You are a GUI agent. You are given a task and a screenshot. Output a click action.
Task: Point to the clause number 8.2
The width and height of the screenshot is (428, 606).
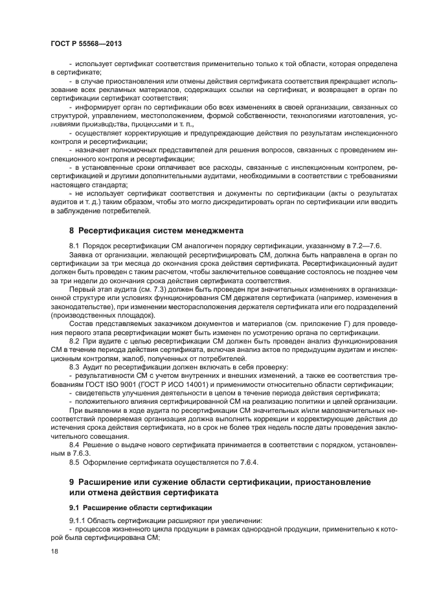coord(74,340)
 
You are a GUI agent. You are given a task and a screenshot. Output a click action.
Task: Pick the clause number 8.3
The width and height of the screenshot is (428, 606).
coord(74,367)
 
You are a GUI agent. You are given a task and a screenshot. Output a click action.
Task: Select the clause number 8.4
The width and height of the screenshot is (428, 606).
coord(74,447)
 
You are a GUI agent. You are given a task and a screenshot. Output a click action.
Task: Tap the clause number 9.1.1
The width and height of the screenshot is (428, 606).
coord(78,522)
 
